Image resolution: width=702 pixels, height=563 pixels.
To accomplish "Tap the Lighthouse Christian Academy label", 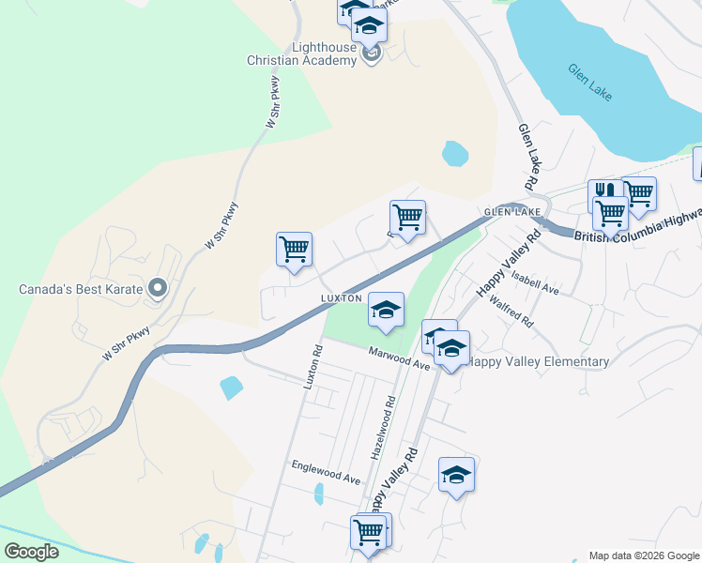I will point(311,53).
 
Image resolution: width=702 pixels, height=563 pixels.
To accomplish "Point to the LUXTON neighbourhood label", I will point(341,297).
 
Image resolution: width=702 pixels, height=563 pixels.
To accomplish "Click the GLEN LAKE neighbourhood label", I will point(512,212).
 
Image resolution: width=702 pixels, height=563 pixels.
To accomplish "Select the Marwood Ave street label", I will point(399,358).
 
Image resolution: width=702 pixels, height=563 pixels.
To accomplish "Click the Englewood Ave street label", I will point(326,471).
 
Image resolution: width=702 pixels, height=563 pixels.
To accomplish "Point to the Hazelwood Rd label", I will point(389,426).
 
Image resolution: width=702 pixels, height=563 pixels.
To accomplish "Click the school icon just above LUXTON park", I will point(386,311).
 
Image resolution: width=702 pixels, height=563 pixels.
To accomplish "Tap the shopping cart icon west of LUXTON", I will point(294,251).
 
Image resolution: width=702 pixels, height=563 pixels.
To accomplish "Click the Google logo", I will point(31,551).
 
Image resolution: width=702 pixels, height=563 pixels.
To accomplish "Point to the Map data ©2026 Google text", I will point(643,555).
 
